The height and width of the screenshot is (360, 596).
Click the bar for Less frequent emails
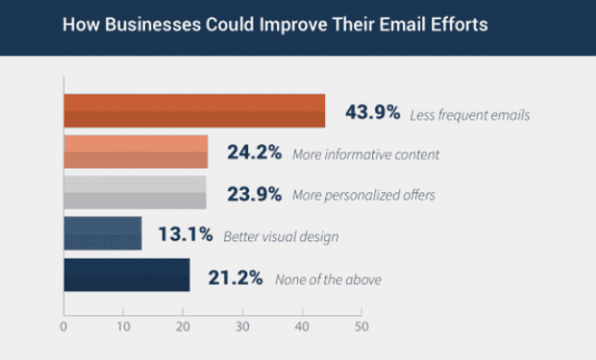(194, 111)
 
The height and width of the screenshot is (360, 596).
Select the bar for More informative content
(135, 152)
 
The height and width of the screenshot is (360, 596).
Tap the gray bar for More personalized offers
(135, 193)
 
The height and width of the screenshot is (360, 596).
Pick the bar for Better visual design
(102, 233)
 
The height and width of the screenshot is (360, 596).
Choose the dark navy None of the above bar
(127, 274)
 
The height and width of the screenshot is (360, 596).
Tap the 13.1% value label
(184, 234)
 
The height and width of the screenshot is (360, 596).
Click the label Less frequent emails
(474, 114)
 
